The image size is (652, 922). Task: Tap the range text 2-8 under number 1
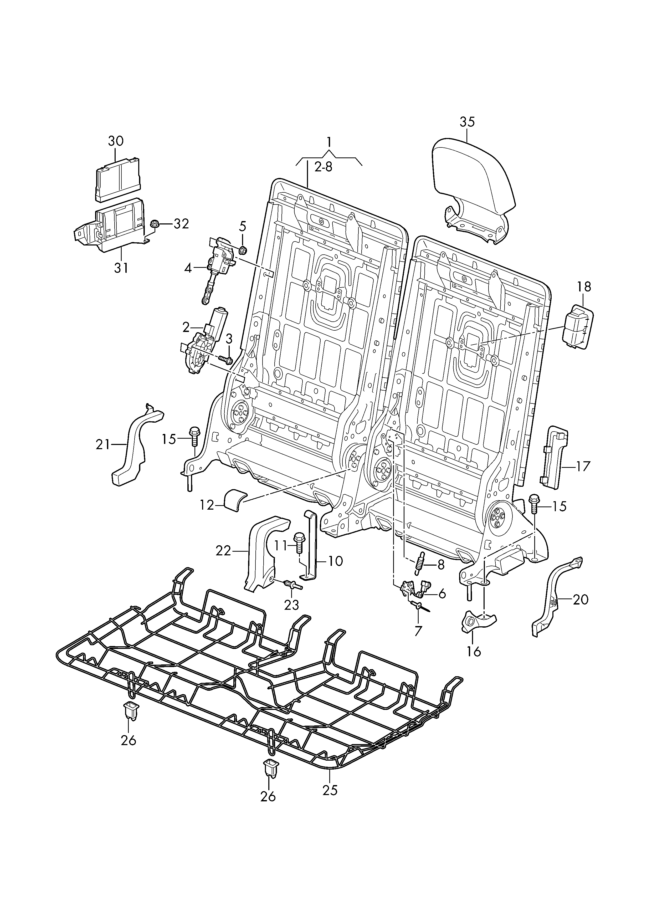tap(323, 167)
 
